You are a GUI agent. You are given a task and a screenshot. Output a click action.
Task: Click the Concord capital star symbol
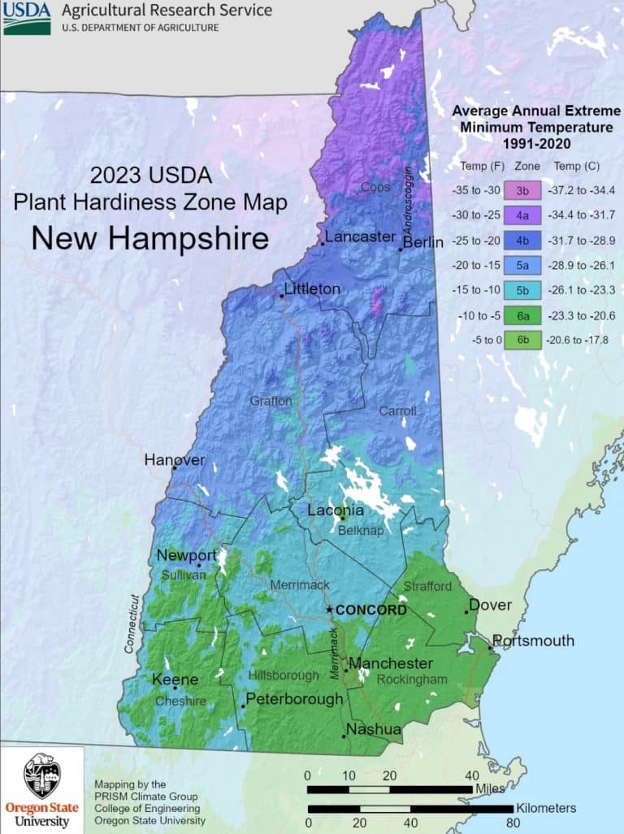pyautogui.click(x=328, y=610)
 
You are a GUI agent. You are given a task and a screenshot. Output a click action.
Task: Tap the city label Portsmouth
pyautogui.click(x=533, y=641)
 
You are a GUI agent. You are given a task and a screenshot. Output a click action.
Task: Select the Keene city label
pyautogui.click(x=174, y=679)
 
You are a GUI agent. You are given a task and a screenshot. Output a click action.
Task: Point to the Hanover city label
pyautogui.click(x=175, y=460)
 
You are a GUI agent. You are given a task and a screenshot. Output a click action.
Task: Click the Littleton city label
pyautogui.click(x=312, y=289)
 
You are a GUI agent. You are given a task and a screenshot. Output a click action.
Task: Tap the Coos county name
pyautogui.click(x=375, y=188)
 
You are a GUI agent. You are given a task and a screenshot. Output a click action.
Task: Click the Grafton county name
pyautogui.click(x=271, y=401)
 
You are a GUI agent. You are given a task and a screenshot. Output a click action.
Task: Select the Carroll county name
pyautogui.click(x=397, y=410)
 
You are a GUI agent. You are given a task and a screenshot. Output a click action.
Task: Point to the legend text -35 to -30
pyautogui.click(x=477, y=191)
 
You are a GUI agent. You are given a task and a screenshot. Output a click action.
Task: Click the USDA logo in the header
pyautogui.click(x=27, y=17)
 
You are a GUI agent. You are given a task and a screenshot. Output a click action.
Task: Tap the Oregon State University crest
pyautogui.click(x=41, y=776)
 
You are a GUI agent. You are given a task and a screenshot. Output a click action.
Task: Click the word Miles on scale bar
pyautogui.click(x=490, y=788)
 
